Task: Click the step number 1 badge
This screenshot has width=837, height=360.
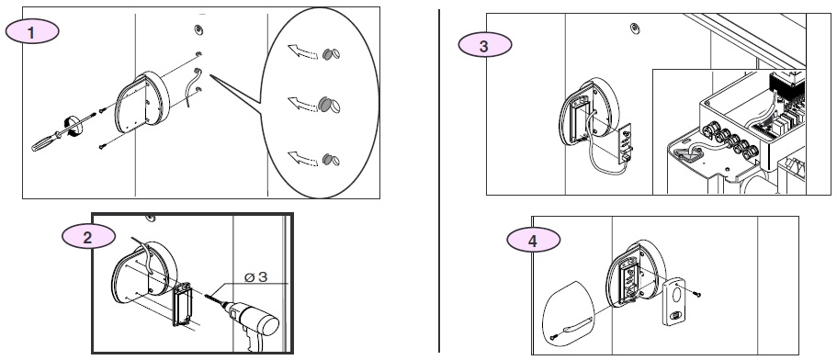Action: [32, 32]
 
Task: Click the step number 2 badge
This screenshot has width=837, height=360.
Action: [88, 236]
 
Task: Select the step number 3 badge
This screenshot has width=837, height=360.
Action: [485, 45]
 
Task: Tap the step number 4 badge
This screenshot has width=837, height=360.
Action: [533, 241]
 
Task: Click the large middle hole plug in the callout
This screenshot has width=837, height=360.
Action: [328, 105]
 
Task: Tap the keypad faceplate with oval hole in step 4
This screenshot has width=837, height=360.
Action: [675, 301]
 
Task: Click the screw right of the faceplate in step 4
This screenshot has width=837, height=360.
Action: [696, 293]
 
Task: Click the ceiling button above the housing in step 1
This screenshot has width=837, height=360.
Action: [198, 29]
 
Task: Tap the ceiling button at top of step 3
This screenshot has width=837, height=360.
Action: [635, 28]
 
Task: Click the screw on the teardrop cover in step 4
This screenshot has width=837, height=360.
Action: [554, 336]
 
